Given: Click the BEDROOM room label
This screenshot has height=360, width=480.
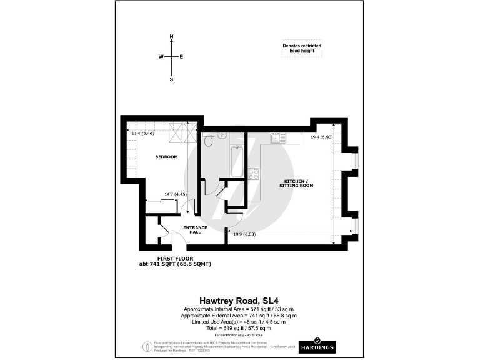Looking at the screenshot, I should pyautogui.click(x=166, y=156).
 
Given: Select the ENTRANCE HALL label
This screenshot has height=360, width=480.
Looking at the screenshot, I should pyautogui.click(x=194, y=229).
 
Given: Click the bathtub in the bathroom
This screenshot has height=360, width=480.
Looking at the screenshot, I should pyautogui.click(x=237, y=161).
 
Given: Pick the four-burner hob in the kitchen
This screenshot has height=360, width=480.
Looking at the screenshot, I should pyautogui.click(x=254, y=174).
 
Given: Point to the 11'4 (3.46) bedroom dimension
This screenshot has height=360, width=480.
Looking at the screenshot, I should pyautogui.click(x=142, y=133).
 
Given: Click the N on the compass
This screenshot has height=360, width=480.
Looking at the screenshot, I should pyautogui.click(x=171, y=36).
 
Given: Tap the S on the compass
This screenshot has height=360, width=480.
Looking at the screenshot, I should pyautogui.click(x=171, y=79).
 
